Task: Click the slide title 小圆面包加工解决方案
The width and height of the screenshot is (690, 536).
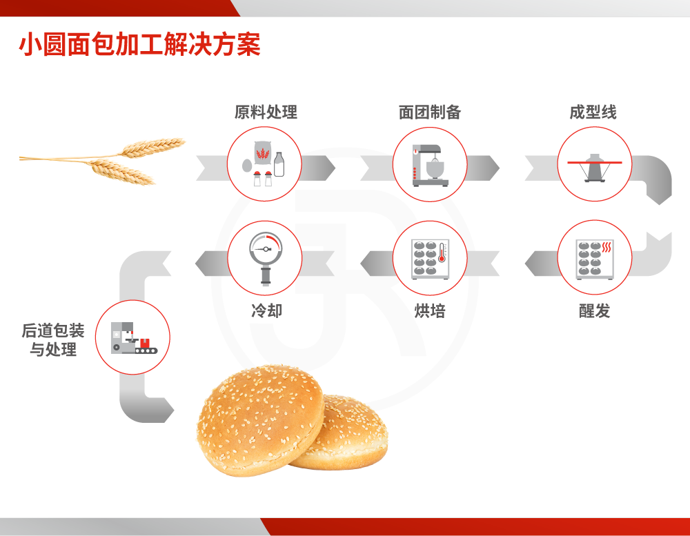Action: tap(139, 44)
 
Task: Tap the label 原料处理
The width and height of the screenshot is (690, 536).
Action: tap(266, 112)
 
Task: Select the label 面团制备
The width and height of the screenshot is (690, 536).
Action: tap(429, 112)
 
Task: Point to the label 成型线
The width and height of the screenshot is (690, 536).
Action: tap(593, 112)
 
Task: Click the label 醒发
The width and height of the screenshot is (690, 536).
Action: tap(595, 310)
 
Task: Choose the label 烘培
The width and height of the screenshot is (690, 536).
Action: tap(430, 310)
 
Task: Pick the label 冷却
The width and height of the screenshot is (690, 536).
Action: tap(266, 310)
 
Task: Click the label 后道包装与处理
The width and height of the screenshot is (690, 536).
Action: tap(53, 339)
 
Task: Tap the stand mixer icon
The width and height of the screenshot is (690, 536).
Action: tap(430, 166)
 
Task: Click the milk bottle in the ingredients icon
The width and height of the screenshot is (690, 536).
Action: tap(279, 164)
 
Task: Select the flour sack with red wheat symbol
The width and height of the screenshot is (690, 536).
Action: tap(263, 153)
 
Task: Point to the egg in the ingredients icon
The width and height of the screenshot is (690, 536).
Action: tap(247, 166)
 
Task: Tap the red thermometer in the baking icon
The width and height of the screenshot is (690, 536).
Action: tap(442, 252)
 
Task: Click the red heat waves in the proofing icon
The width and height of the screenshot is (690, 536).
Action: tap(607, 247)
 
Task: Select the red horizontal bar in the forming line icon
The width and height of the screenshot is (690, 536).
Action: tap(595, 162)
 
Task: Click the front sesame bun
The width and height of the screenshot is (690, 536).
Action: tap(260, 420)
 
